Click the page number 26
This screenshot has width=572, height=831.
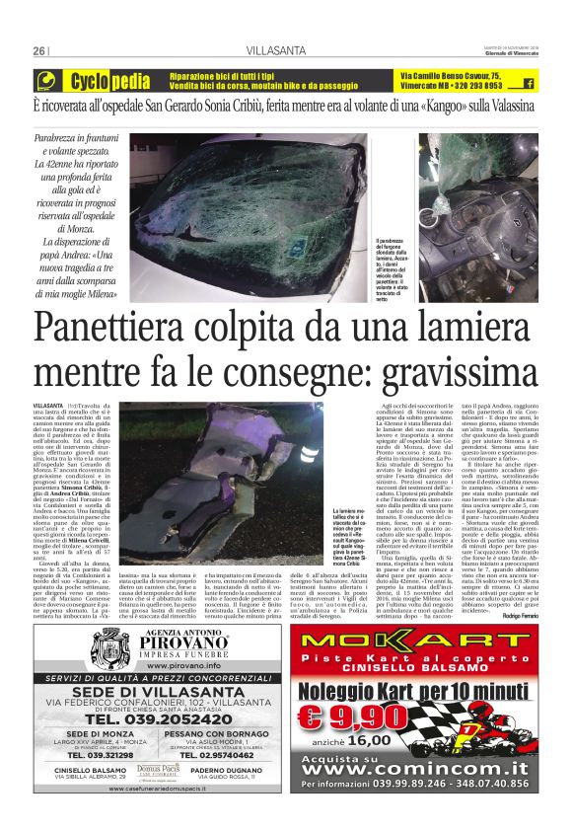(x=39, y=51)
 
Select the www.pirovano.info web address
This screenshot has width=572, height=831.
(x=167, y=639)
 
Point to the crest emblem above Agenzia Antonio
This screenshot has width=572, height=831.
(x=110, y=621)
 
